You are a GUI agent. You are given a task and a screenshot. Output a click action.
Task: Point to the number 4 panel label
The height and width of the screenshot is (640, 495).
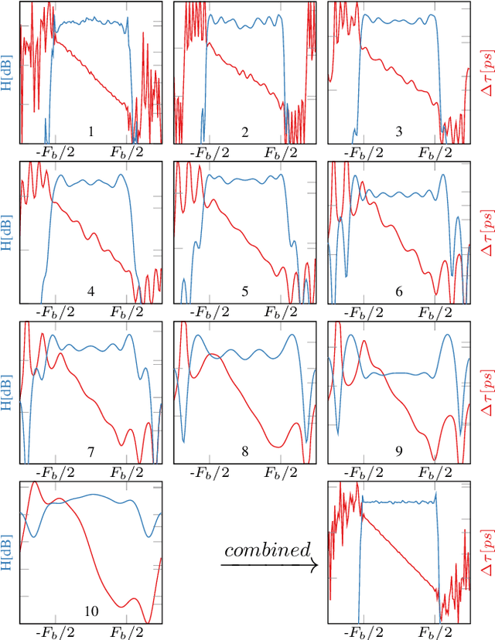coord(90,292)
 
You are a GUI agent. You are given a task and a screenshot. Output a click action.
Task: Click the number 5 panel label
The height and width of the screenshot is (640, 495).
coord(244,292)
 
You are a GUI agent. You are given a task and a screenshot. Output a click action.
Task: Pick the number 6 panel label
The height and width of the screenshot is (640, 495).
coord(398,292)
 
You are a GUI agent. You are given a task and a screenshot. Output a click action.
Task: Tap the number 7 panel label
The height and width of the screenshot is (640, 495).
coord(90,452)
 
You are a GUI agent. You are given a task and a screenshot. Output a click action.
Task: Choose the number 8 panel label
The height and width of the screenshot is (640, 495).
coord(244,452)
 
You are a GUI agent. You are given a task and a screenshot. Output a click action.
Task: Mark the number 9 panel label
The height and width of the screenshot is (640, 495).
coord(398,452)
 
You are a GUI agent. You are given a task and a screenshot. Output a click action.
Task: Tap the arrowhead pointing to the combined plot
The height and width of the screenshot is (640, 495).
coord(315,566)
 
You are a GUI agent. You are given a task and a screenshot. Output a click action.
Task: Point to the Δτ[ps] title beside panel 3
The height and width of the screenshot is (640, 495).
coord(486,73)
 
